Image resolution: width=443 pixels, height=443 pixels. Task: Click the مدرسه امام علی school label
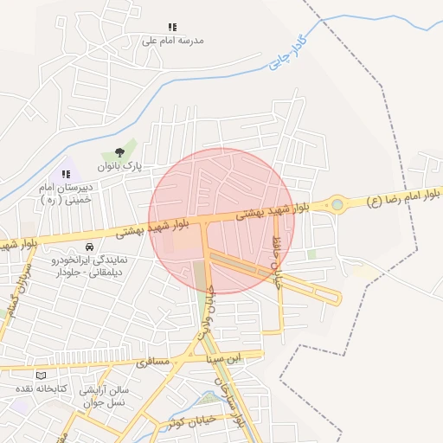tap(171, 41)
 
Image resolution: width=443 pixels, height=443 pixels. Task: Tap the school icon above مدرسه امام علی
tap(172, 28)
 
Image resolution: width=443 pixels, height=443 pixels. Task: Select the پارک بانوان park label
tap(119, 164)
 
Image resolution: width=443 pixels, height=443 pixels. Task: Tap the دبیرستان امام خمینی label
tap(60, 192)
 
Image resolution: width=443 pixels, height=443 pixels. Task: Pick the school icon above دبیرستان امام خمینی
tap(66, 175)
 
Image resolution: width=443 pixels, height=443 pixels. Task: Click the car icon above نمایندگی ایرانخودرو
tap(90, 247)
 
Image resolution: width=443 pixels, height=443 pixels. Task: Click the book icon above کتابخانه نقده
tap(41, 375)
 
